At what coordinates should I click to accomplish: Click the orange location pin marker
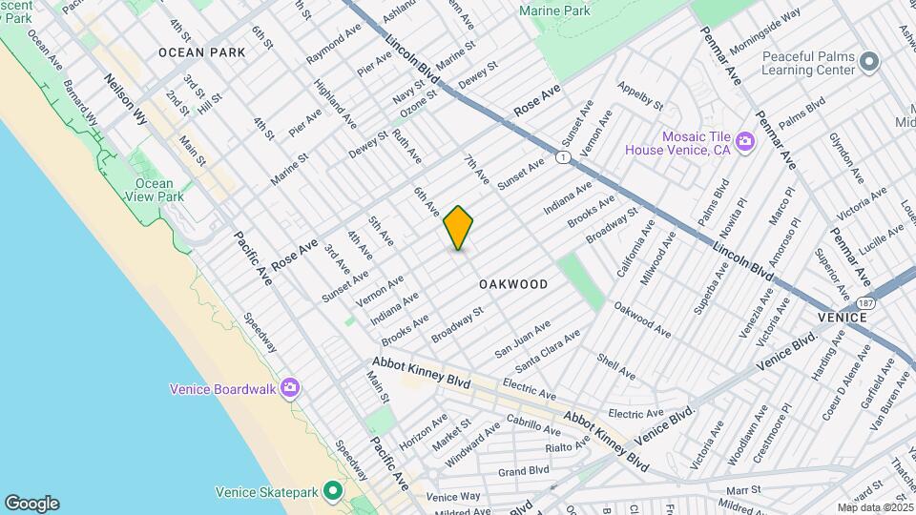[x=459, y=228]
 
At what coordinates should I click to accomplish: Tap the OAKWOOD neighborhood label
[x=513, y=284]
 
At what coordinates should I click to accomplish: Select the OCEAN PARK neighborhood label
[x=201, y=52]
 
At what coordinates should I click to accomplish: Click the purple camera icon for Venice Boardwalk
[x=290, y=388]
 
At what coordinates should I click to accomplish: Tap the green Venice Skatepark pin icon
[x=332, y=492]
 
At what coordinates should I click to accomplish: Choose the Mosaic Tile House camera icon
[x=745, y=142]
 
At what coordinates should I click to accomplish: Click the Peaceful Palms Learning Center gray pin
[x=868, y=62]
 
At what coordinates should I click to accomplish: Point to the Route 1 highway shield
[x=564, y=156]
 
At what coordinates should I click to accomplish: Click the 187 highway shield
[x=865, y=302]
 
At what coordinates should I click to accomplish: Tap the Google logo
[x=31, y=504]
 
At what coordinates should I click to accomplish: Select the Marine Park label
[x=555, y=10]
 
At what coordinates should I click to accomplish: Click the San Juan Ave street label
[x=522, y=340]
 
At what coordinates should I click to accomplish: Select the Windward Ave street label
[x=472, y=438]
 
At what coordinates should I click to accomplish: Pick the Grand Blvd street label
[x=524, y=470]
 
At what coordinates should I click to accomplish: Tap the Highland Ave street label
[x=336, y=111]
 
